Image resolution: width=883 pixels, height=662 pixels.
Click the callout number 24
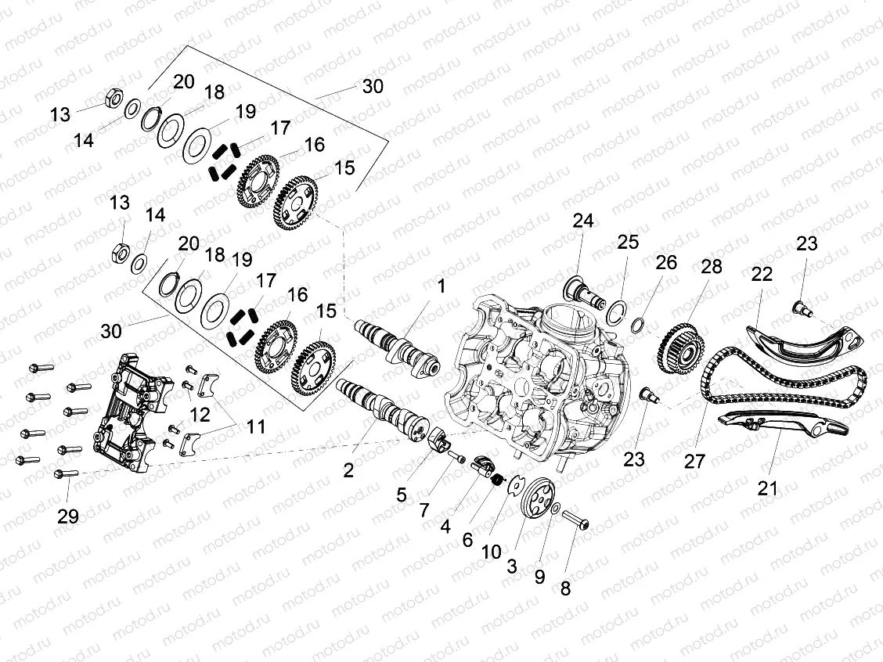point(582,221)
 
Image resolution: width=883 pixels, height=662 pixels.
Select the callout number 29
point(68,516)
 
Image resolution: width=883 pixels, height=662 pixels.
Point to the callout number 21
point(768,488)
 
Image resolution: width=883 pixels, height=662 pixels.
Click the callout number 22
point(762,275)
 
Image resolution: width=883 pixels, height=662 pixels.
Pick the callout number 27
point(694,460)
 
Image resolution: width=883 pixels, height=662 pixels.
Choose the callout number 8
point(565,589)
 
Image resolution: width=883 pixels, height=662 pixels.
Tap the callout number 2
point(348,470)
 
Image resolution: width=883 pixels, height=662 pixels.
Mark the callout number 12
point(200,414)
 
